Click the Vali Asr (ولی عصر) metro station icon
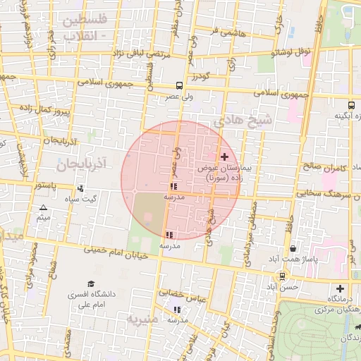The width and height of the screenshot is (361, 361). pyautogui.click(x=179, y=85)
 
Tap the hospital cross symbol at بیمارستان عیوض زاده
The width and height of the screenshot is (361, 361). pyautogui.click(x=225, y=156)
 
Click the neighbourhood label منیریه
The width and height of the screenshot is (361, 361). pyautogui.click(x=145, y=319)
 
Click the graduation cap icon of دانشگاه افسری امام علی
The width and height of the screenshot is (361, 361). pyautogui.click(x=92, y=283)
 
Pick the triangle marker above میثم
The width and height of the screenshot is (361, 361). pyautogui.click(x=44, y=207)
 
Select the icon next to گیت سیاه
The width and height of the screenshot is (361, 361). pyautogui.click(x=81, y=188)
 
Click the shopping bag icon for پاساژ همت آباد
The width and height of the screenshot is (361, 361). pyautogui.click(x=293, y=248)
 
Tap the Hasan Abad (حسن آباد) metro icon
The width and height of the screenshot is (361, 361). pyautogui.click(x=282, y=276)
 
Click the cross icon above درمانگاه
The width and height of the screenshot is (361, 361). pyautogui.click(x=340, y=288)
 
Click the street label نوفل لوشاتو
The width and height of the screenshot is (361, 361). pyautogui.click(x=293, y=52)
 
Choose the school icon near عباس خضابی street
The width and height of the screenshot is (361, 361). pyautogui.click(x=177, y=309)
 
